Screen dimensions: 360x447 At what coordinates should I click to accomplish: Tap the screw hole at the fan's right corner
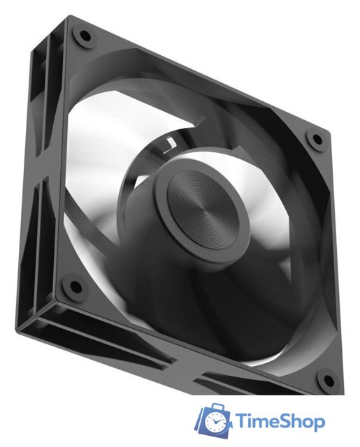(317, 140)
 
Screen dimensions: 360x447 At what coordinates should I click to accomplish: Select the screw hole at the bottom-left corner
(74, 285)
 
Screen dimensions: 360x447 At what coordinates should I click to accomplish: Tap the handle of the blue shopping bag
(214, 406)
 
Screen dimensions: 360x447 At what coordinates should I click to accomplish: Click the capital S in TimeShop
(287, 421)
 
